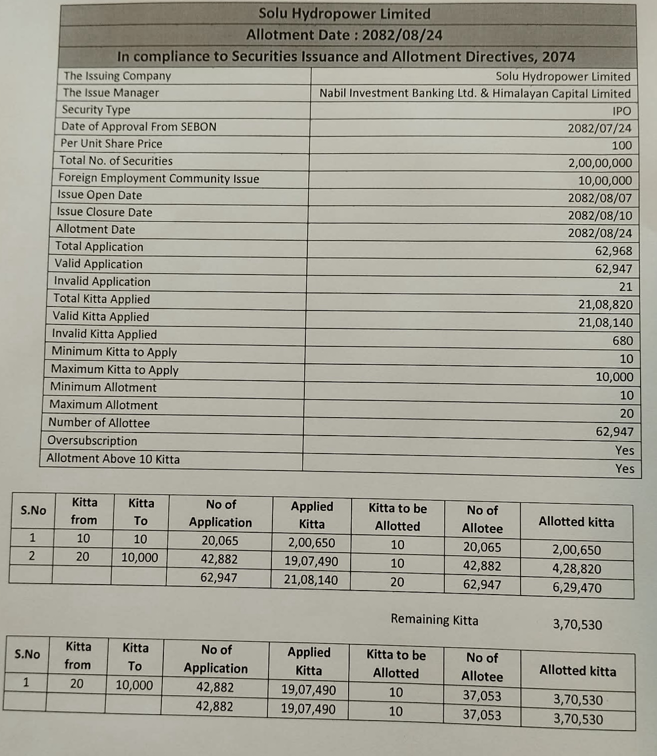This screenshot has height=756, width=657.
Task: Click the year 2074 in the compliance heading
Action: coord(558,57)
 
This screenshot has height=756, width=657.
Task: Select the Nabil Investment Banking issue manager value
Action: coord(475,94)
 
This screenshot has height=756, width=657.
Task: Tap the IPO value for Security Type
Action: coord(622,111)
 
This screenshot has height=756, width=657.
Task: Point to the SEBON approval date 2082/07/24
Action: coord(599,128)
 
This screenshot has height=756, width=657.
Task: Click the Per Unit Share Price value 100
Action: coord(622,146)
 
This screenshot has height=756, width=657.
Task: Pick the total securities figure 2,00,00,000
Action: coord(600,163)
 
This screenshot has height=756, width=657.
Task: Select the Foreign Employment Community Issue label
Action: coord(158,178)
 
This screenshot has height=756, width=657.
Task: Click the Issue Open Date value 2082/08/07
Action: coord(600,198)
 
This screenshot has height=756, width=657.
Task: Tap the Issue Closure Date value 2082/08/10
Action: coord(600,216)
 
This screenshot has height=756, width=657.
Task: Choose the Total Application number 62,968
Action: coord(613,251)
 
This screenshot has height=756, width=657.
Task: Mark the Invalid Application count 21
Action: coord(626,287)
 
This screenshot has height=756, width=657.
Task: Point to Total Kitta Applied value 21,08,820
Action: coord(605,304)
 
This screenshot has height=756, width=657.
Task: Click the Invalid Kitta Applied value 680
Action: coord(623,341)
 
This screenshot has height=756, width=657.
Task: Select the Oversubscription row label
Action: coord(92,441)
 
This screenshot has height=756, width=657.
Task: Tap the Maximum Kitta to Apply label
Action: coord(115,370)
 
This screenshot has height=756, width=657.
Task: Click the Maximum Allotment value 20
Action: coord(627,414)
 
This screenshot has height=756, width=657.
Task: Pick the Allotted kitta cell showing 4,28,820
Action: coord(576,569)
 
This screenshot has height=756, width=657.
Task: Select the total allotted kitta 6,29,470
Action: coord(576,588)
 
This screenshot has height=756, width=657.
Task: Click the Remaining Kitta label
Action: coord(434,619)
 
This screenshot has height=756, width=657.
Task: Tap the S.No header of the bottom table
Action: coord(27,654)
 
